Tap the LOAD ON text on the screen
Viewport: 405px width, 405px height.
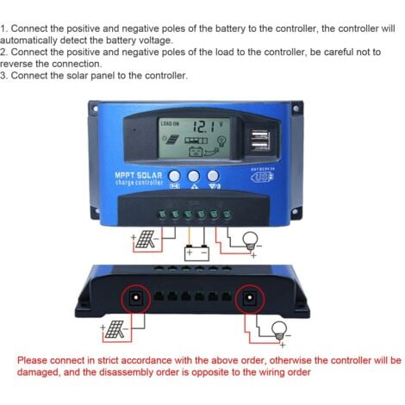coord(171,124)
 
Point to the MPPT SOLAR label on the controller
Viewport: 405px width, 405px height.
coord(139,178)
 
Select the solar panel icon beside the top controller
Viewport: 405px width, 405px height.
coord(143,240)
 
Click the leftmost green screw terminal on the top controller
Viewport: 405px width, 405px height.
coord(161,214)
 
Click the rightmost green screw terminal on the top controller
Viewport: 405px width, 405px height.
coord(227,214)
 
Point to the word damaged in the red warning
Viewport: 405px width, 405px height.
coord(40,371)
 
